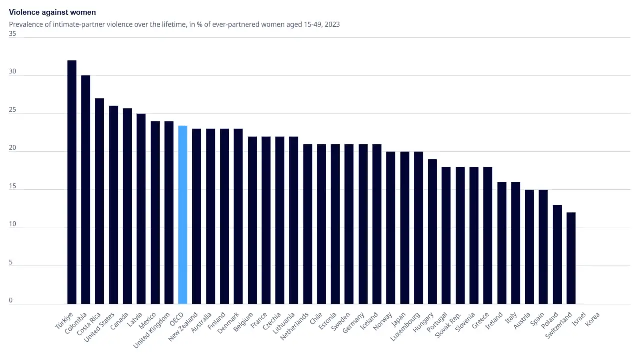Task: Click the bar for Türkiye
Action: tap(72, 182)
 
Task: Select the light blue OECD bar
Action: tap(183, 215)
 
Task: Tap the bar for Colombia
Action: tap(86, 190)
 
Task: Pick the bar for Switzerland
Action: tap(571, 258)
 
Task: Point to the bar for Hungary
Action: tap(432, 232)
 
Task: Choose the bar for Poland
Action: tap(557, 255)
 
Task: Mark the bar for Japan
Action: tap(405, 228)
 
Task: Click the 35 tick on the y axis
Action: tap(12, 34)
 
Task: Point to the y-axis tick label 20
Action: tap(12, 148)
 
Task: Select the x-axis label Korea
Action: tap(593, 319)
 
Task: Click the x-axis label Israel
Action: tap(579, 318)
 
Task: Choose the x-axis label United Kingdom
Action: tap(152, 331)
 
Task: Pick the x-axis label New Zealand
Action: tap(184, 328)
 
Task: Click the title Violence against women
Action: tap(52, 12)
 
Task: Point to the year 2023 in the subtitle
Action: tap(332, 24)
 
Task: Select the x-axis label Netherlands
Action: tap(294, 327)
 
